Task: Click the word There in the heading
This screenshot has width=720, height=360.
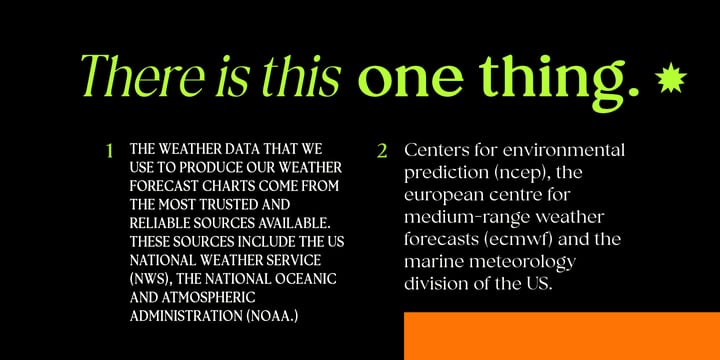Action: (142, 77)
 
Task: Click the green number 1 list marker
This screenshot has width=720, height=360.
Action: (109, 151)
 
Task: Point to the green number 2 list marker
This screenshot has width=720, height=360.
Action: (382, 151)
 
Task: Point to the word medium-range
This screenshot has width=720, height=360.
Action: (471, 217)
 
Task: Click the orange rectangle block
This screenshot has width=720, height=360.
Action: (562, 336)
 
